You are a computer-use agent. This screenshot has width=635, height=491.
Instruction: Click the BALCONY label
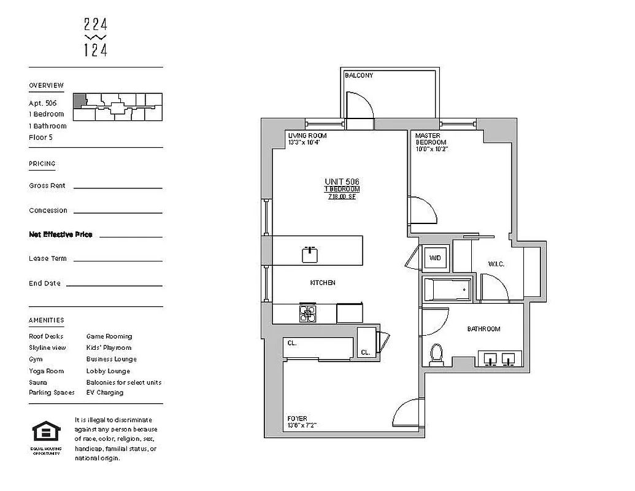coord(359,75)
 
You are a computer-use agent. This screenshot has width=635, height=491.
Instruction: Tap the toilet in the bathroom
coord(436,355)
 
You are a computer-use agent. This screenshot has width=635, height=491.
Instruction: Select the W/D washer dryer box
coord(436,258)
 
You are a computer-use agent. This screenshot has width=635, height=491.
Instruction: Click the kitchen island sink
coord(310,254)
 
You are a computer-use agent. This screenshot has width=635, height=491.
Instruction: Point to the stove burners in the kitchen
coord(307,313)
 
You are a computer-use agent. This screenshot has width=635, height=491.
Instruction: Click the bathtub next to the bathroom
coord(448,290)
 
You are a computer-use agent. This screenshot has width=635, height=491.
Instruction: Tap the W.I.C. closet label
coord(496,264)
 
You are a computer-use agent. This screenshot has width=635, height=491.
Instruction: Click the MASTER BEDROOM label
coord(431,139)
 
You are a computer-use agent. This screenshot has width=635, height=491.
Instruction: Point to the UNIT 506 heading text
coord(342,182)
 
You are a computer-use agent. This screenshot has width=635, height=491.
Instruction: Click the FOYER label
coord(297,419)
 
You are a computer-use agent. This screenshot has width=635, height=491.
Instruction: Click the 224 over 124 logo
coord(96,37)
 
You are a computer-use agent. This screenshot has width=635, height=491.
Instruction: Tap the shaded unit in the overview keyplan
coord(80,101)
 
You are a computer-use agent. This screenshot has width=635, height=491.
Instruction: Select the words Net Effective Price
coord(61,234)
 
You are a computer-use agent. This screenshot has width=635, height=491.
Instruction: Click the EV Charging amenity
coord(105,393)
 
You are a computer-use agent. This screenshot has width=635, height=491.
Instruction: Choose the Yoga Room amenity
coord(47,371)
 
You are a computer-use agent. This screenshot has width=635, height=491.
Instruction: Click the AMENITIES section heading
coord(46,320)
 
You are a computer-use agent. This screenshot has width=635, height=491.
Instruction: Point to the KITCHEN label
coord(323,283)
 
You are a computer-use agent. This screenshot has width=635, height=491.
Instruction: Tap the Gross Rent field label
coord(47,185)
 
